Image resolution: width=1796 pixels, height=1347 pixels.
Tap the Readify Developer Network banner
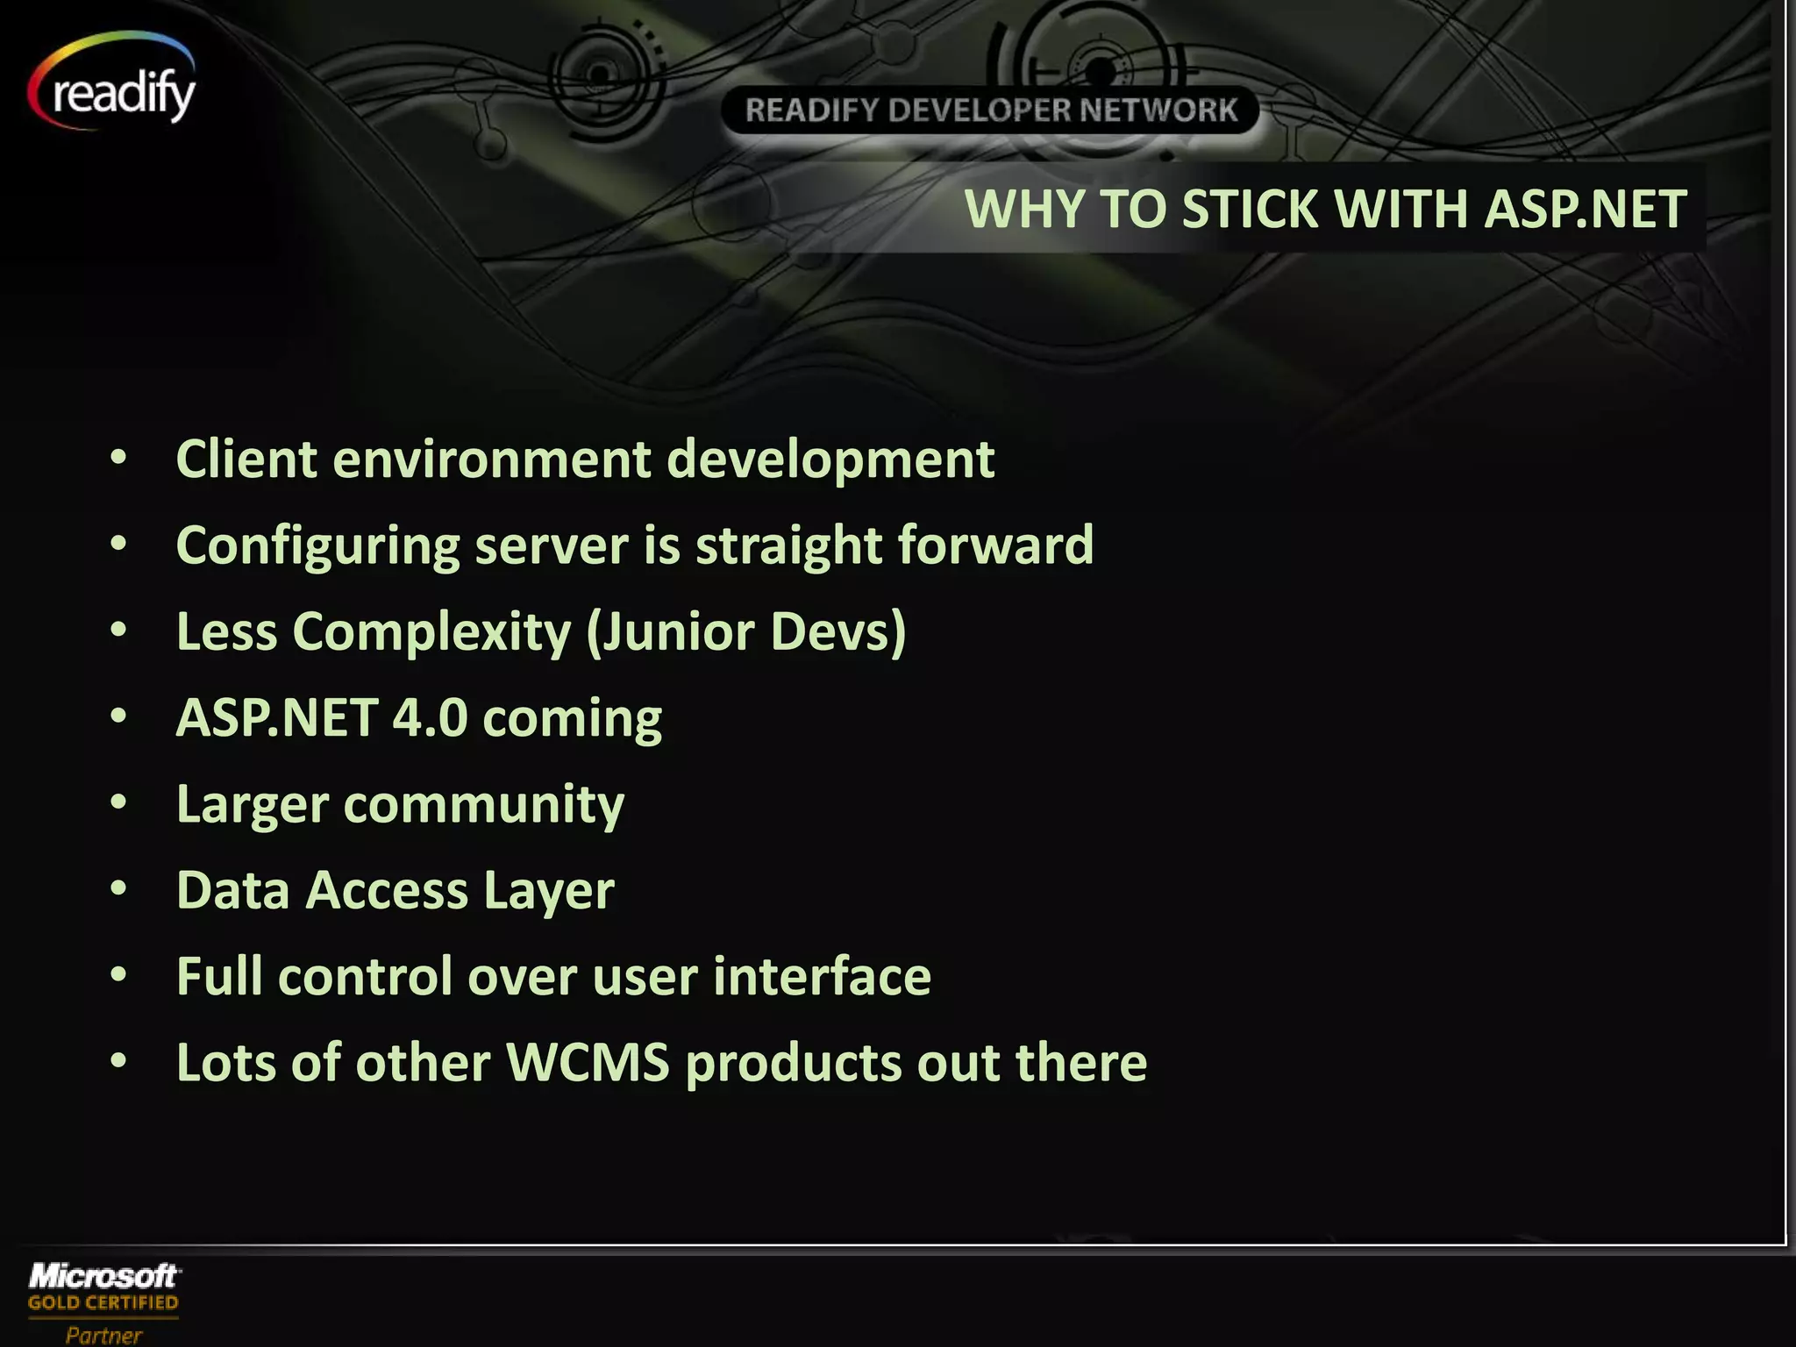[990, 110]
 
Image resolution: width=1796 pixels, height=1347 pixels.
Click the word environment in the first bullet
[491, 460]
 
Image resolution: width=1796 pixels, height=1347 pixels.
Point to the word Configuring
[317, 545]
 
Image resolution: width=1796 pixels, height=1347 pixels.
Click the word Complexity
[431, 631]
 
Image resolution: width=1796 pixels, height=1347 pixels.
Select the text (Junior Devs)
[745, 631]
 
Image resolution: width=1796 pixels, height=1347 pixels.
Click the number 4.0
[430, 717]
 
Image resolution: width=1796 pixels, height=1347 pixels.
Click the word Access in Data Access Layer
[386, 890]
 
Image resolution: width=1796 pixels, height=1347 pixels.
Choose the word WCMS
[588, 1062]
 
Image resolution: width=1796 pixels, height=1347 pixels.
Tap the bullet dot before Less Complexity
[119, 631]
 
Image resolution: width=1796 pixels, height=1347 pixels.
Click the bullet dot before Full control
[119, 975]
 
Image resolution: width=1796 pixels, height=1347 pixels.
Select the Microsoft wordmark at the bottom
[103, 1275]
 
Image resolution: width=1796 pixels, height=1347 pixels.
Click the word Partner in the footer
[103, 1335]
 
